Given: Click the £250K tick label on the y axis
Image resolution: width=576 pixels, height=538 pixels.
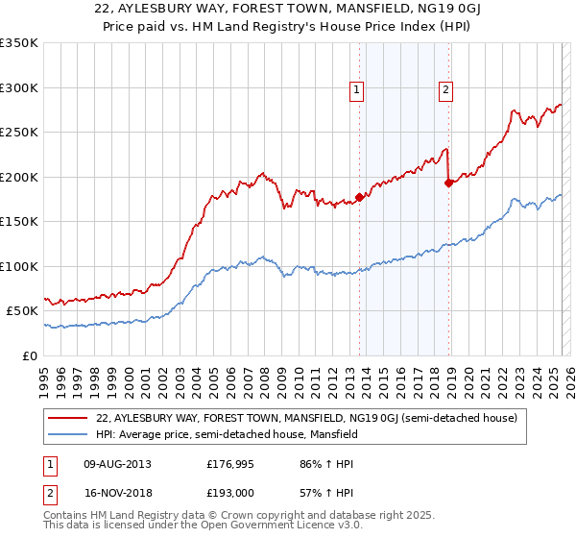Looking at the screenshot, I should coord(19,133).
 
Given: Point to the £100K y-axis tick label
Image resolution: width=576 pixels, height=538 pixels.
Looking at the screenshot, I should coord(19,266).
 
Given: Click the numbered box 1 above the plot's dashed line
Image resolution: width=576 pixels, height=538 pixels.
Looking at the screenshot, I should coord(357,91).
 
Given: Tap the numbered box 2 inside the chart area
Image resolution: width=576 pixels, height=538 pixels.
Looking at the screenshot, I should coord(446,91).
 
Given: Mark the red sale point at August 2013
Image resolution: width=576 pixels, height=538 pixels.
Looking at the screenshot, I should coord(359,197).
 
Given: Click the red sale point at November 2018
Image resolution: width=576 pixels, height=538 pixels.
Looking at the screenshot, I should coord(448,183).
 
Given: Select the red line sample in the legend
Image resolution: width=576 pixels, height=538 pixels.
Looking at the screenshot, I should coord(69,418).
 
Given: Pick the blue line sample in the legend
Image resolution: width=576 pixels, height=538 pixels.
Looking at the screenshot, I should coord(69,434).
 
